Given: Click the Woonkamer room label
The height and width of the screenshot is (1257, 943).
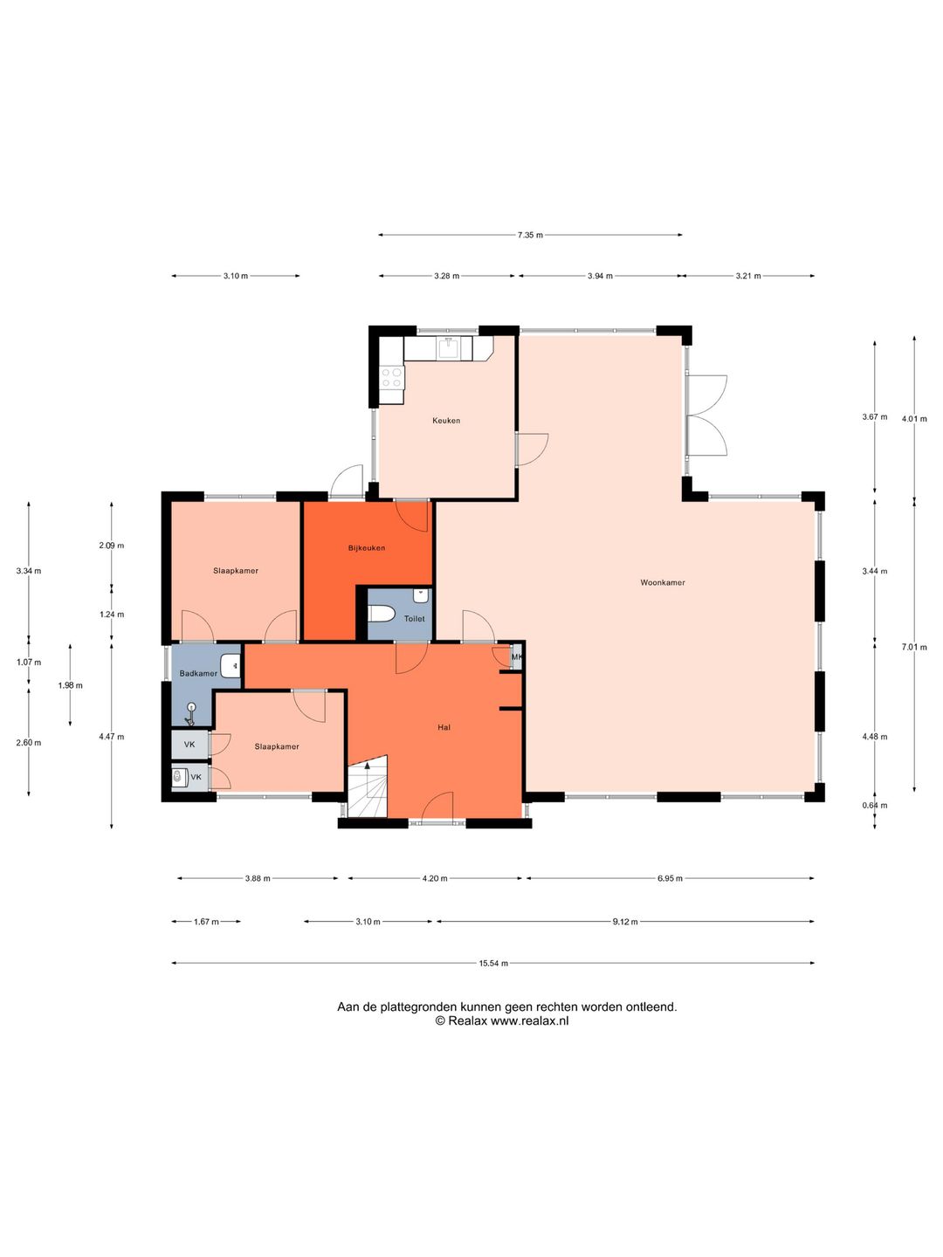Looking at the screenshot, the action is (x=663, y=582).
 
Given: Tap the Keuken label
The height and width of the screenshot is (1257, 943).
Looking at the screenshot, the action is (x=446, y=421).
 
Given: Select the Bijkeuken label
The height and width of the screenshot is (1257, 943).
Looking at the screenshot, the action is (x=367, y=548).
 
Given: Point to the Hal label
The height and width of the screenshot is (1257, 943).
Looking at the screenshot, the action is (x=444, y=727).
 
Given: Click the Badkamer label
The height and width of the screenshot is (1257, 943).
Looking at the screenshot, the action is (x=198, y=673).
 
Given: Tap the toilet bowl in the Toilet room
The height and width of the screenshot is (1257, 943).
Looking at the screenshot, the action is (x=382, y=615).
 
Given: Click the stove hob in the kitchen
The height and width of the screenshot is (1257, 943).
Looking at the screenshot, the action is (x=392, y=377).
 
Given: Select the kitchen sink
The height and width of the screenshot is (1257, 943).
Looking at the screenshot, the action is (x=448, y=348).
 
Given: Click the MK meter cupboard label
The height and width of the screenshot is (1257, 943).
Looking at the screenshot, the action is (x=516, y=657).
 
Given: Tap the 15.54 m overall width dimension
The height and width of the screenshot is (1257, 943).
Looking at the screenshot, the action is (x=493, y=963).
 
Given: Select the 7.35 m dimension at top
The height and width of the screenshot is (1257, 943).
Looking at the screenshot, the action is (x=530, y=235).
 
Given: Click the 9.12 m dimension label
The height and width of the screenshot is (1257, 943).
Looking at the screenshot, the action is (x=625, y=922).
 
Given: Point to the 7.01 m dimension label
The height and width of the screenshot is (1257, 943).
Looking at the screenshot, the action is (x=914, y=647).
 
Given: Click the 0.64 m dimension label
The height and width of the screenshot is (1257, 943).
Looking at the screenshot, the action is (x=875, y=805).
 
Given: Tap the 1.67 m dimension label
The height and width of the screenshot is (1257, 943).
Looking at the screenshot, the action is (x=206, y=922).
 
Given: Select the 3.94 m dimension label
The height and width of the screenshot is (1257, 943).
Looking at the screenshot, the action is (x=600, y=276).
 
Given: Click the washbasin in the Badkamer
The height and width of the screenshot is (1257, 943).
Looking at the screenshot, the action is (x=231, y=665).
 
